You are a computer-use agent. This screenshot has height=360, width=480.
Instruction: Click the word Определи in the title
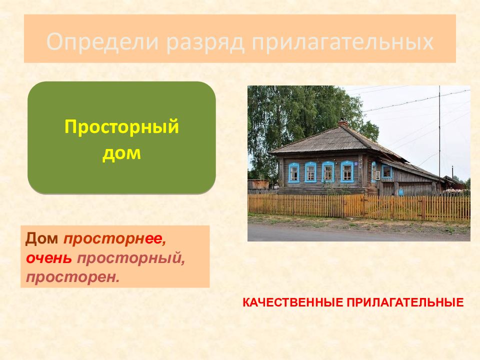(102, 42)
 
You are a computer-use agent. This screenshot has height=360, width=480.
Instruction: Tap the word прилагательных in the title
(342, 42)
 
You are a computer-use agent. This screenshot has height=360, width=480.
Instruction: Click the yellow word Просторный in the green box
(121, 127)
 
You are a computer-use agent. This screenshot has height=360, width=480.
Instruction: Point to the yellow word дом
(121, 153)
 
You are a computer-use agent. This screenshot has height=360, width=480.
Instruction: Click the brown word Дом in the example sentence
(41, 238)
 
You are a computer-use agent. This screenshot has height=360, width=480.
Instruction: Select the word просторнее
(115, 239)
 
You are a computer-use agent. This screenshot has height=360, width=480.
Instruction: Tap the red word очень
(48, 258)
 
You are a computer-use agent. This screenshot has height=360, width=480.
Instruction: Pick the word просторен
(72, 278)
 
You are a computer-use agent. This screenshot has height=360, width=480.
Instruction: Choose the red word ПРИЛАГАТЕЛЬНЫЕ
(405, 303)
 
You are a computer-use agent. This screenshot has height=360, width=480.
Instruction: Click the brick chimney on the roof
(343, 123)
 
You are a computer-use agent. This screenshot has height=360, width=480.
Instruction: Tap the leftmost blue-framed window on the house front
(294, 172)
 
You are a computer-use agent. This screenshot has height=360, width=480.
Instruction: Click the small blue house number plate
(356, 164)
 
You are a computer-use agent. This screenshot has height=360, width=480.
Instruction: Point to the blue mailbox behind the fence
(401, 192)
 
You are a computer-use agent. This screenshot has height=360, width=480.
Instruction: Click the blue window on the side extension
(387, 171)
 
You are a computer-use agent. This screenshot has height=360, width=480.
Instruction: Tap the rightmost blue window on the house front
(347, 171)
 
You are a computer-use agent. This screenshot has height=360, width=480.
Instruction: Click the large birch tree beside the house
(303, 122)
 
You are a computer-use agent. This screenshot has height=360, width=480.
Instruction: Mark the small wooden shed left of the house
(258, 184)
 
